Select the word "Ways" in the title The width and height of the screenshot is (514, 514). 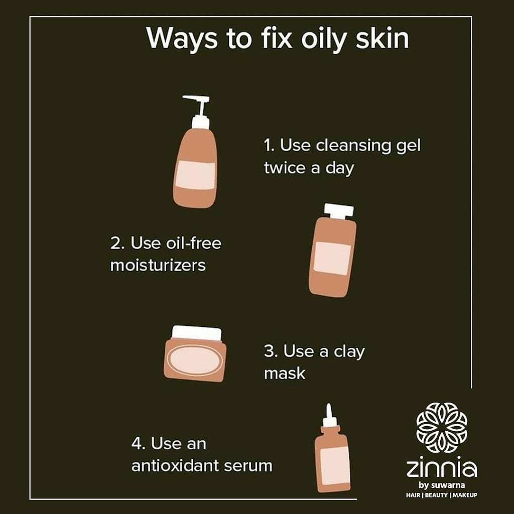pos(182,39)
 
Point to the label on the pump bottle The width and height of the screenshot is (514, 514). pos(195,175)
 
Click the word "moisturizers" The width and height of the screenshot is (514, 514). pos(158,265)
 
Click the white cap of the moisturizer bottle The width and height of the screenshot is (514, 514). pos(339,211)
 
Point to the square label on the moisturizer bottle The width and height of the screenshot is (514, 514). pos(332,259)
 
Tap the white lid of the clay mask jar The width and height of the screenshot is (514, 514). pos(196,334)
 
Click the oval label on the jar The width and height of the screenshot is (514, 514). pos(195,360)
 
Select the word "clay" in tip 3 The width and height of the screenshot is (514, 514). pos(349,352)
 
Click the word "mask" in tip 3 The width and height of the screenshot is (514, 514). pos(285,373)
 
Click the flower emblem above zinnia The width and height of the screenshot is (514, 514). pos(442,428)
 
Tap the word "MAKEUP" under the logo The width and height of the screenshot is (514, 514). pos(465,495)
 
